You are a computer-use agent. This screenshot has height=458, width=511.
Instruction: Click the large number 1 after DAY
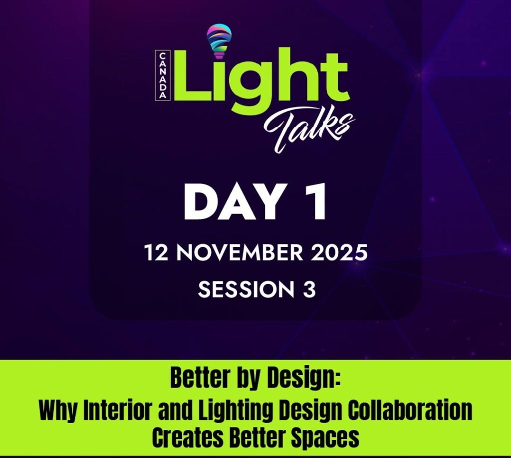(316, 203)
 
